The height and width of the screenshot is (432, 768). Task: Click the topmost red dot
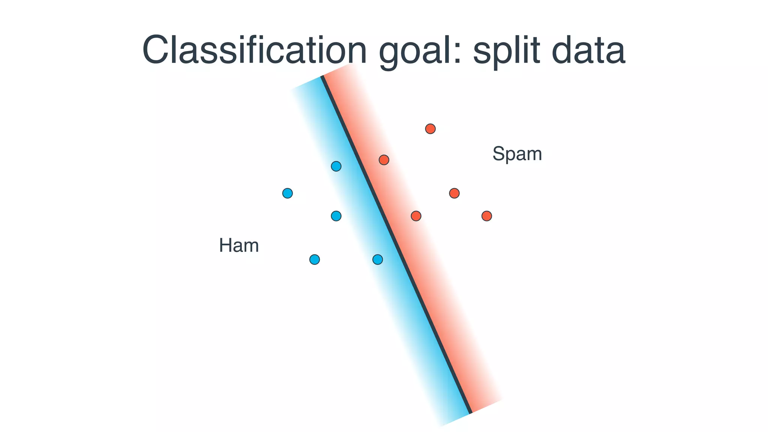click(430, 129)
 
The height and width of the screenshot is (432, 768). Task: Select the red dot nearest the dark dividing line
click(384, 160)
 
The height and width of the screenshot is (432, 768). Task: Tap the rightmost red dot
click(486, 216)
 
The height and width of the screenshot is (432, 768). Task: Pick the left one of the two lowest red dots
click(416, 216)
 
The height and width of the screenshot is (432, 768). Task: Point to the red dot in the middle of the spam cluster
click(454, 193)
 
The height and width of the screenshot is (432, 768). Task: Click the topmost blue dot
click(336, 166)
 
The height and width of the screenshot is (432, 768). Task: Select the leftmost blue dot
click(287, 193)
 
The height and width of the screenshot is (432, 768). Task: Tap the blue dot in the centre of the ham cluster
click(336, 216)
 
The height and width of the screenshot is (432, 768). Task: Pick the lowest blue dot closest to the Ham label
click(314, 259)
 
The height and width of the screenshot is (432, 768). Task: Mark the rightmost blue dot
click(378, 259)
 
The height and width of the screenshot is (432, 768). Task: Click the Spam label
click(517, 154)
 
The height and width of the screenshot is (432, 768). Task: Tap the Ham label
click(239, 246)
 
